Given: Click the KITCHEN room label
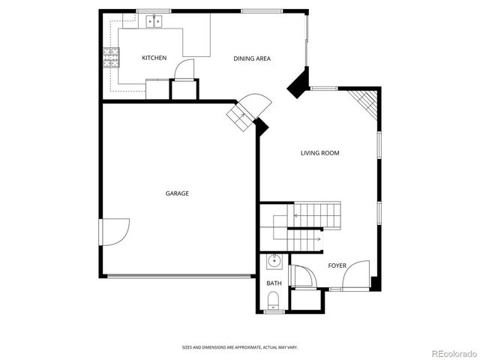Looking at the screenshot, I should [x=154, y=58].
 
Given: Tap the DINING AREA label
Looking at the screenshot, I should [x=252, y=58].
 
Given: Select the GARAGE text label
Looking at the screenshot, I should [x=177, y=193].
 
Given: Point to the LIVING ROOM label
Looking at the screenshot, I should [x=320, y=153].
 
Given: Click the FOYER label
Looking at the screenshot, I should [x=337, y=265].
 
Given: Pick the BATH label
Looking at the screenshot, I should [x=274, y=283].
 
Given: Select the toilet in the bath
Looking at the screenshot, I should [x=274, y=302].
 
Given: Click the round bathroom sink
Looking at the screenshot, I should [x=274, y=262].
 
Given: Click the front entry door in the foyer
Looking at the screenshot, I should [x=356, y=274].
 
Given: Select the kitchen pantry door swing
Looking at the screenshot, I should [x=184, y=69].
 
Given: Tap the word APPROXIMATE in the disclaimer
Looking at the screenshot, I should [x=240, y=347].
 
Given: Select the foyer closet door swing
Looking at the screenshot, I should [x=301, y=276].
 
